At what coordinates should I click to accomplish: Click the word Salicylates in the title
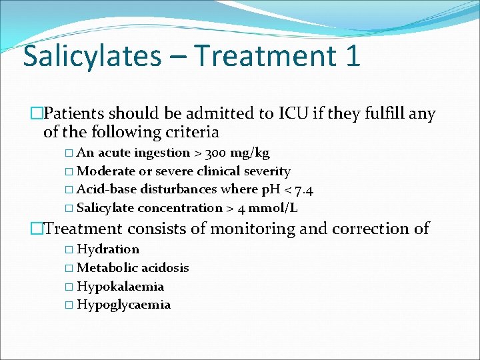point(92,56)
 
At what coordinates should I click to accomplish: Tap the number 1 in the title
point(353,56)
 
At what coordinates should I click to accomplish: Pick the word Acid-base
point(107,189)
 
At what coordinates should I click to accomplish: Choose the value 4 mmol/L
point(268,208)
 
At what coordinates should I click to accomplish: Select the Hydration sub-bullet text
point(108,249)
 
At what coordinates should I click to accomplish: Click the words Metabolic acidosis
point(133,268)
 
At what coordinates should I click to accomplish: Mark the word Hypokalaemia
point(120,287)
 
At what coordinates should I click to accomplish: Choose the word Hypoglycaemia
point(123,305)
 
